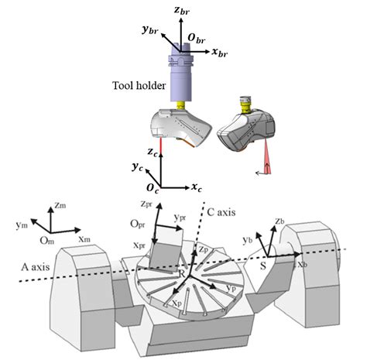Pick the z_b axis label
(280, 222)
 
